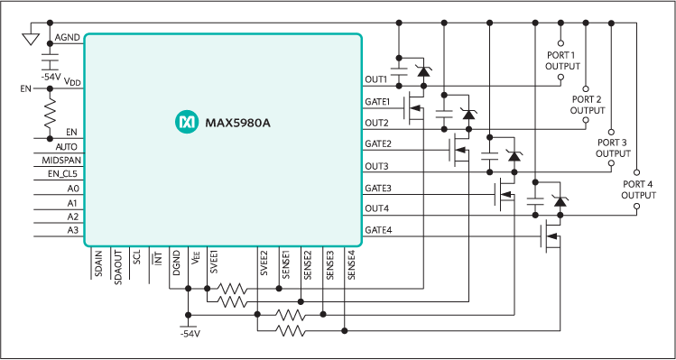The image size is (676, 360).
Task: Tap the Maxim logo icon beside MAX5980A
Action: pyautogui.click(x=186, y=119)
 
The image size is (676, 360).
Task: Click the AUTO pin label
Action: pyautogui.click(x=66, y=146)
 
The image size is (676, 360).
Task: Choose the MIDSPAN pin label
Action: pyautogui.click(x=60, y=160)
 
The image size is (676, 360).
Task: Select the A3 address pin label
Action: pyautogui.click(x=73, y=230)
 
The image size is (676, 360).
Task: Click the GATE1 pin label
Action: pyautogui.click(x=377, y=101)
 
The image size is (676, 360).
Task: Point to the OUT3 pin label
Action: pyautogui.click(x=376, y=166)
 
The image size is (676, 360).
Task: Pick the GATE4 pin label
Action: pyautogui.click(x=377, y=231)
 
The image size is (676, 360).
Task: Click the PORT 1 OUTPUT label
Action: pyautogui.click(x=564, y=60)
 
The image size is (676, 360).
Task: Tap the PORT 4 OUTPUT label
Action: pyautogui.click(x=638, y=189)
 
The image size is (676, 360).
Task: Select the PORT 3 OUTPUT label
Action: pyautogui.click(x=614, y=148)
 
